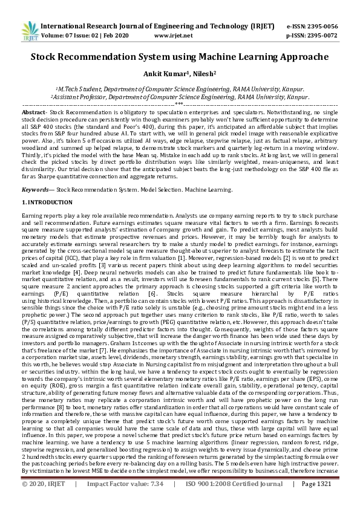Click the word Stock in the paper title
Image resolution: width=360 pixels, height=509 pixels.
49,57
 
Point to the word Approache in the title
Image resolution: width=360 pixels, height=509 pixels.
299,57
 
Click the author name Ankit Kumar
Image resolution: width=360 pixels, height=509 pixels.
162,75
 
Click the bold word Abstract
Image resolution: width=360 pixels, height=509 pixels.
33,113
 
